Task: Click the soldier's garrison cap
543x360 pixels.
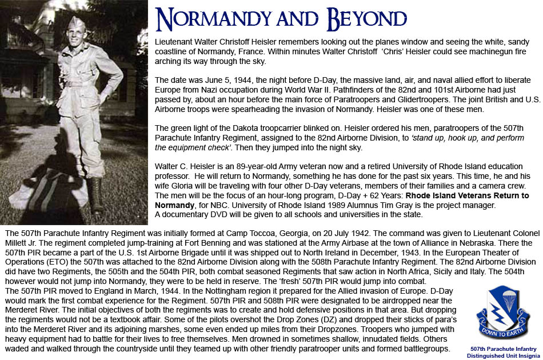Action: coord(77,22)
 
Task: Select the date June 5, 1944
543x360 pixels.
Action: coord(216,76)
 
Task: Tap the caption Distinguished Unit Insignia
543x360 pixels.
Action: coord(504,354)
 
